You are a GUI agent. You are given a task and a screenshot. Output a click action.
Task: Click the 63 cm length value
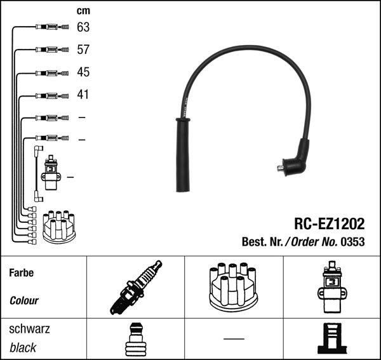(x=83, y=27)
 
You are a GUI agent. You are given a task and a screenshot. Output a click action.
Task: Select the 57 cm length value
(x=83, y=50)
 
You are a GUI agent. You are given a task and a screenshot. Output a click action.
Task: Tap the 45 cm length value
(x=83, y=72)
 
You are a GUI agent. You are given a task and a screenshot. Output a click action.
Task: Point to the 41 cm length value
(x=83, y=95)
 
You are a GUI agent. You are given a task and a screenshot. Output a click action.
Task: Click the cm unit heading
(x=83, y=11)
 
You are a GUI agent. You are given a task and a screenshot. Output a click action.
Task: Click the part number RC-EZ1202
(x=329, y=223)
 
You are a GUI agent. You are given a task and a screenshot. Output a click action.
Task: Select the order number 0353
(x=353, y=242)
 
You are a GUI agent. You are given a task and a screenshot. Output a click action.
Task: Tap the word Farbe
(x=21, y=273)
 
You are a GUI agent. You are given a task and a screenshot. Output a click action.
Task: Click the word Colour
(x=24, y=301)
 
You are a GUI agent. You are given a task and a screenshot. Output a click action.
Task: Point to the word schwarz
(x=29, y=330)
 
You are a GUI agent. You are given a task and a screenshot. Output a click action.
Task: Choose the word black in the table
(x=23, y=348)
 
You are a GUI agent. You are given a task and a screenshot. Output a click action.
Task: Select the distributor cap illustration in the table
(x=233, y=288)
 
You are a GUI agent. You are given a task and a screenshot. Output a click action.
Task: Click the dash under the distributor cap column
(x=233, y=338)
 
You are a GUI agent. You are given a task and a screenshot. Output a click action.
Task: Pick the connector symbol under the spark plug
(x=135, y=340)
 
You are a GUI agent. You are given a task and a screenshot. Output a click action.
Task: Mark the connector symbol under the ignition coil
(x=332, y=340)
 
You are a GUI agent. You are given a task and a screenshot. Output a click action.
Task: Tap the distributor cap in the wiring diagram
(x=58, y=227)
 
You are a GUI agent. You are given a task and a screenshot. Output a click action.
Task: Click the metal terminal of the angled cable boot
(x=280, y=168)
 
